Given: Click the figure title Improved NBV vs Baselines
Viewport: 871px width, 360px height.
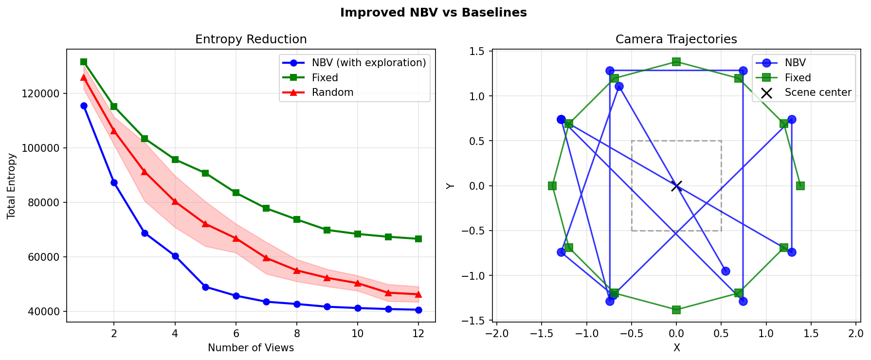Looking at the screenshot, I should click(x=433, y=13).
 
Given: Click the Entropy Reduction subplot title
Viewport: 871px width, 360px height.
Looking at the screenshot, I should click(x=251, y=39).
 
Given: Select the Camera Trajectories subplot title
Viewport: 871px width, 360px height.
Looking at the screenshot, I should click(x=676, y=39).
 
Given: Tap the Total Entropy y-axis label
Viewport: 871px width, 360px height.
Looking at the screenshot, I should click(x=11, y=186).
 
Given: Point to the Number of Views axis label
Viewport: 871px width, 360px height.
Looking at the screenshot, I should click(x=251, y=348).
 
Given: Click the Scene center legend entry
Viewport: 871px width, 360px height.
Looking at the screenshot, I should click(x=817, y=92).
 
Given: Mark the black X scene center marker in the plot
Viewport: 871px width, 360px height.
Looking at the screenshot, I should click(x=676, y=186).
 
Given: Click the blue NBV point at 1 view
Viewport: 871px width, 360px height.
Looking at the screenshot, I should click(x=84, y=106).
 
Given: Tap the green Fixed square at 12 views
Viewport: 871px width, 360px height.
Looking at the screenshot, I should click(x=418, y=239).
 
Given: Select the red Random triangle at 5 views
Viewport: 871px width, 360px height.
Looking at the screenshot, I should click(x=205, y=224).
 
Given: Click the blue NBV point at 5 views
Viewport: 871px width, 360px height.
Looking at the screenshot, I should click(x=205, y=287).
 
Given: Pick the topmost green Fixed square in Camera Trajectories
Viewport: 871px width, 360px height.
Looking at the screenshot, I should click(x=676, y=62).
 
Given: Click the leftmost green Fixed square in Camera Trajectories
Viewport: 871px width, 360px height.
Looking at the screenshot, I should click(x=552, y=186).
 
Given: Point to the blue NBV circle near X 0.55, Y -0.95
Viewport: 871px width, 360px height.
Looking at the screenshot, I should click(x=726, y=271).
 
